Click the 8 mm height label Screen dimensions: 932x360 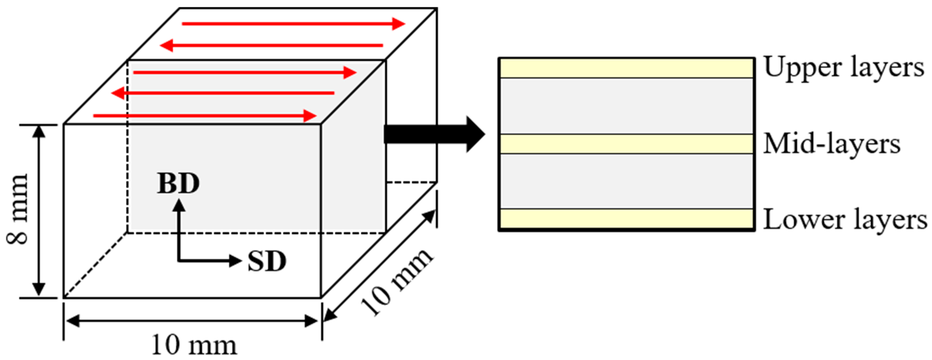[x=17, y=210]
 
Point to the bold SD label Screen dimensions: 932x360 [x=267, y=261]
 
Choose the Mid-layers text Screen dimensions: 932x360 [x=831, y=144]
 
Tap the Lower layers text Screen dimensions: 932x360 [x=845, y=220]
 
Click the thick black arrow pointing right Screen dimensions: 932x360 [x=434, y=134]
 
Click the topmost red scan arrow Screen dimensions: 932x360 [x=293, y=24]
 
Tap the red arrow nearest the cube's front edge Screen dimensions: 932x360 [x=205, y=116]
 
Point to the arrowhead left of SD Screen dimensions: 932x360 [x=235, y=260]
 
